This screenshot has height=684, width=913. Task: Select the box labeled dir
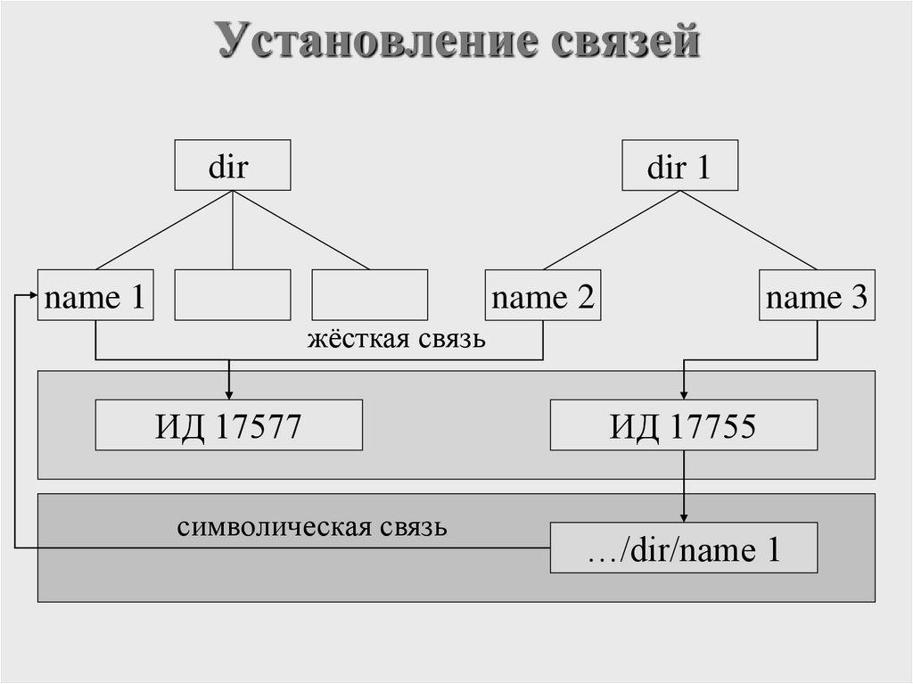click(232, 165)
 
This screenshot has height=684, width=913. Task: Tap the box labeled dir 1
click(680, 165)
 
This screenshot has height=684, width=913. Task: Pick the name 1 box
click(95, 295)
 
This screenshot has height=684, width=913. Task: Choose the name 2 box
click(543, 295)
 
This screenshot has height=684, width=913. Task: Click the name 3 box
click(817, 295)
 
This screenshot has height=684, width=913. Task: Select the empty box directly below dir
click(232, 295)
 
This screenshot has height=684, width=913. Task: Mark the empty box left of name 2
click(369, 295)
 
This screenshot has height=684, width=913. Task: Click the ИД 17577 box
click(228, 425)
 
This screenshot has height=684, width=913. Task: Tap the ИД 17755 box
click(683, 425)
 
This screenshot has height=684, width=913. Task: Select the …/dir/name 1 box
click(683, 548)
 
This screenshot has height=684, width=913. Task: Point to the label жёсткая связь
click(397, 340)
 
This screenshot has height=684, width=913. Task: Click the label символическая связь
click(312, 527)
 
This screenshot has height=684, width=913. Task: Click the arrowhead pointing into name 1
click(31, 296)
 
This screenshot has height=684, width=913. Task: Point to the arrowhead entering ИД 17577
click(229, 393)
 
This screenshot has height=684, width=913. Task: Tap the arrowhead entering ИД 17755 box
click(684, 393)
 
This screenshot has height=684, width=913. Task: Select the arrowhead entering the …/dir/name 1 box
click(684, 516)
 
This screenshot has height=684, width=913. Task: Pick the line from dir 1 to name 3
click(749, 230)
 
